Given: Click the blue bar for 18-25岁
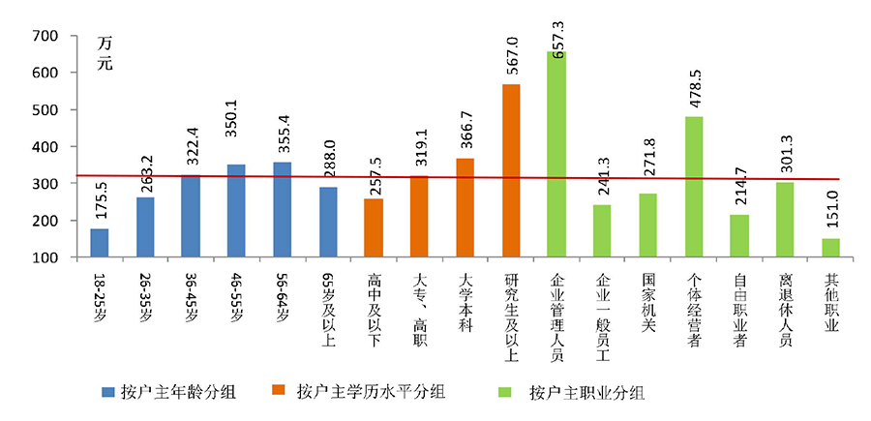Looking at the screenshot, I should pos(100,243).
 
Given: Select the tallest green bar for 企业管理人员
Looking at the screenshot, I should pos(556,155).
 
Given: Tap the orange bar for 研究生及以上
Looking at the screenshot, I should pos(511,171).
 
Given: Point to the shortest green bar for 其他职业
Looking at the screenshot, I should pos(830,248).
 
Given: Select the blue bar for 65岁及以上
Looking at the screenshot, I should pos(328,222).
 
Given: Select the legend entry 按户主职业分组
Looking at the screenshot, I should pos(586,392).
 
